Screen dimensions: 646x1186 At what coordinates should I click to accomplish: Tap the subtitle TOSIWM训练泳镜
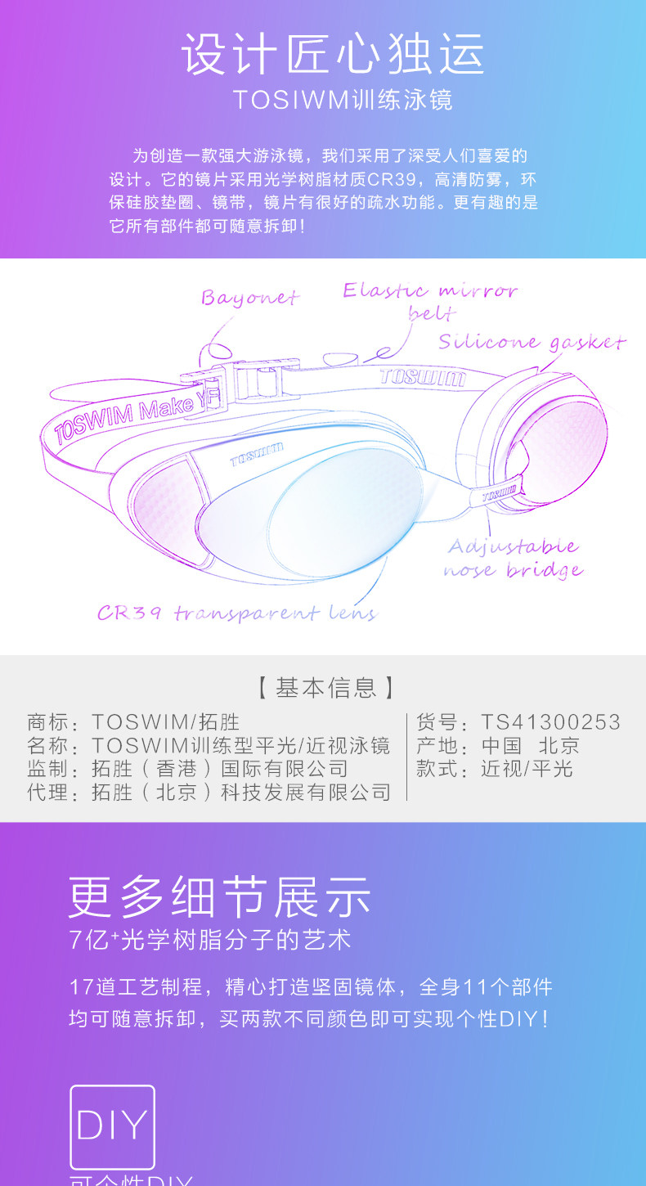tap(342, 99)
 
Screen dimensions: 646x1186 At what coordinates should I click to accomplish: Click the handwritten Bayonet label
tap(250, 297)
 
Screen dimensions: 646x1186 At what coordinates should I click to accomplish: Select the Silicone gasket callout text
tap(532, 342)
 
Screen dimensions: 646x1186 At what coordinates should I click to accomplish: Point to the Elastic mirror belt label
tap(430, 299)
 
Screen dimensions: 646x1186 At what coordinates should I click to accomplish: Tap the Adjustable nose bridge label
tap(514, 558)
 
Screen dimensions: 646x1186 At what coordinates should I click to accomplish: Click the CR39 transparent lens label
tap(236, 613)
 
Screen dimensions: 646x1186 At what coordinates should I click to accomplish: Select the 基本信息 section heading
tap(325, 688)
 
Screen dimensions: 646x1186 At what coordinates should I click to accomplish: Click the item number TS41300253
tap(550, 722)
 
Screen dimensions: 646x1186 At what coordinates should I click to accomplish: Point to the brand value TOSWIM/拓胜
tap(165, 722)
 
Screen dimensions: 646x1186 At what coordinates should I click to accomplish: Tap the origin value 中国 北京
tap(530, 745)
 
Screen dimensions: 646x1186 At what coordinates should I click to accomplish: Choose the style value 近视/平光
tap(527, 769)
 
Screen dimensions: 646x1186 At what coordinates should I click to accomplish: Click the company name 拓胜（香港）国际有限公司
tap(220, 769)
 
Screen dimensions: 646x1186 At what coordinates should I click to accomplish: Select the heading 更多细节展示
tap(220, 897)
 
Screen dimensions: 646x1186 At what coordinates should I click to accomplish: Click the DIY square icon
tap(112, 1126)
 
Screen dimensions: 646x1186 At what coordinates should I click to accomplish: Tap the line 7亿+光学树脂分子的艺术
tap(210, 940)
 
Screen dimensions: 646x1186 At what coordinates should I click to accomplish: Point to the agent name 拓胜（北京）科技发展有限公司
tap(241, 792)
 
